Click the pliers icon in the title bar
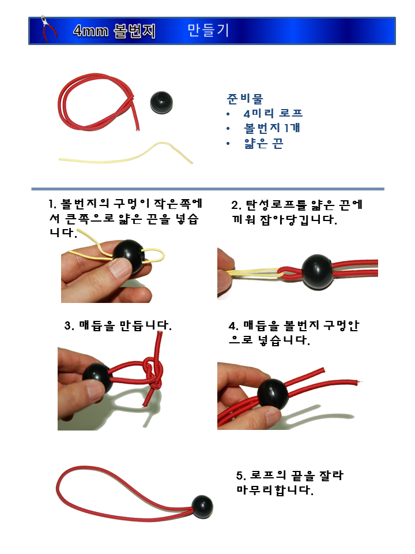[x=50, y=31]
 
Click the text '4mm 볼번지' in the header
[x=114, y=31]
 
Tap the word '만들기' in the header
[x=208, y=31]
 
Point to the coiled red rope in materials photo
[x=98, y=107]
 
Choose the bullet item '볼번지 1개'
[x=272, y=128]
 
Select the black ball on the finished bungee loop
[x=202, y=506]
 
